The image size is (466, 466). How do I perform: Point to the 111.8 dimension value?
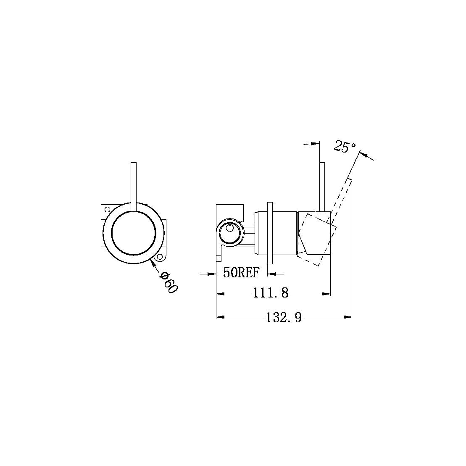pyautogui.click(x=270, y=293)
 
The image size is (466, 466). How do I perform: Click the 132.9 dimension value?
pyautogui.click(x=284, y=317)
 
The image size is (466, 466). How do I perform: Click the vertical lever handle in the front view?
pyautogui.click(x=134, y=185)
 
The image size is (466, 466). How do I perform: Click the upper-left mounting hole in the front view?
pyautogui.click(x=107, y=209)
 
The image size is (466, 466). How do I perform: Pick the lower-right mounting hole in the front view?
pyautogui.click(x=160, y=257)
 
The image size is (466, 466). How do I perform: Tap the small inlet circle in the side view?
pyautogui.click(x=229, y=229)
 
